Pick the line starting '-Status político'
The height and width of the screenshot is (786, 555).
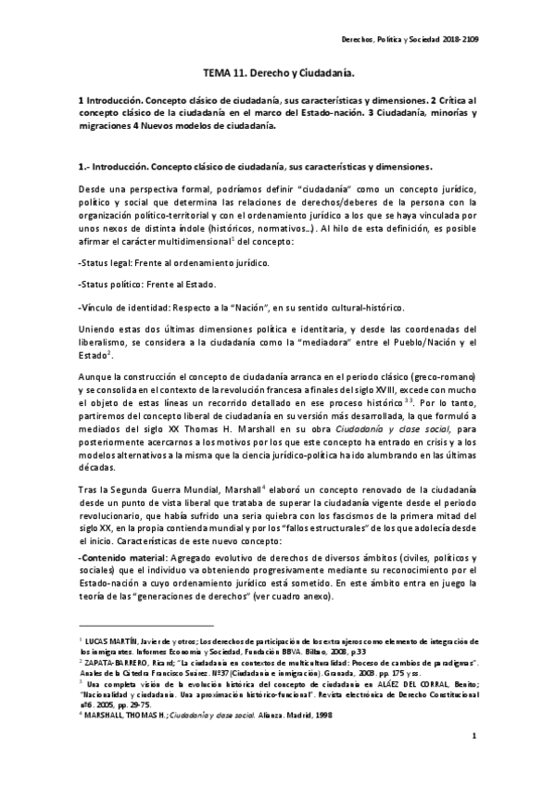click(x=147, y=285)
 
